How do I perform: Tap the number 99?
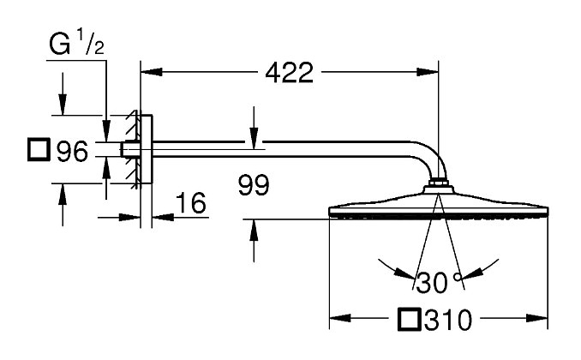(x=253, y=184)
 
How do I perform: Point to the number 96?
(x=72, y=153)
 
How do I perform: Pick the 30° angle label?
(x=434, y=280)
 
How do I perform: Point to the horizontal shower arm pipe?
(x=283, y=152)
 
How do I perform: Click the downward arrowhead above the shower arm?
(x=254, y=140)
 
